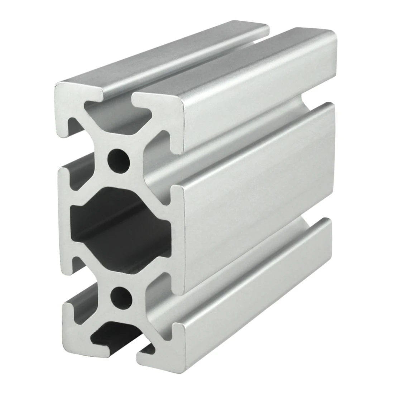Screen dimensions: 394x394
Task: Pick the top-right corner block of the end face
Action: tap(161, 107)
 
